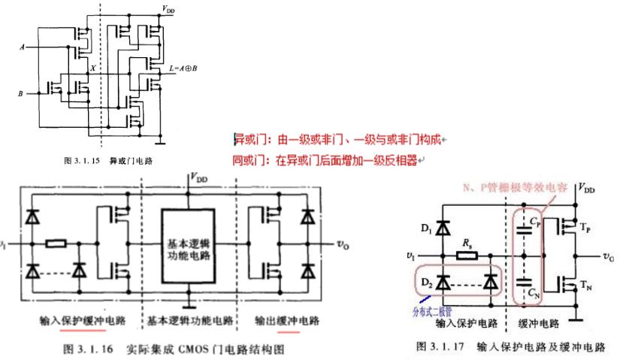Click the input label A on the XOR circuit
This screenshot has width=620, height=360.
[x=21, y=47]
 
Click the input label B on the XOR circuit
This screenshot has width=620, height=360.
[x=21, y=94]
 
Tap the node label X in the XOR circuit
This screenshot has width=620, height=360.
[x=92, y=68]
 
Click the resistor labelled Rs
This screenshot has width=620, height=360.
[x=469, y=256]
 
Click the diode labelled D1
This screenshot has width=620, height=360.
[x=443, y=225]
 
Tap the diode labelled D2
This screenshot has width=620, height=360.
[x=443, y=283]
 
